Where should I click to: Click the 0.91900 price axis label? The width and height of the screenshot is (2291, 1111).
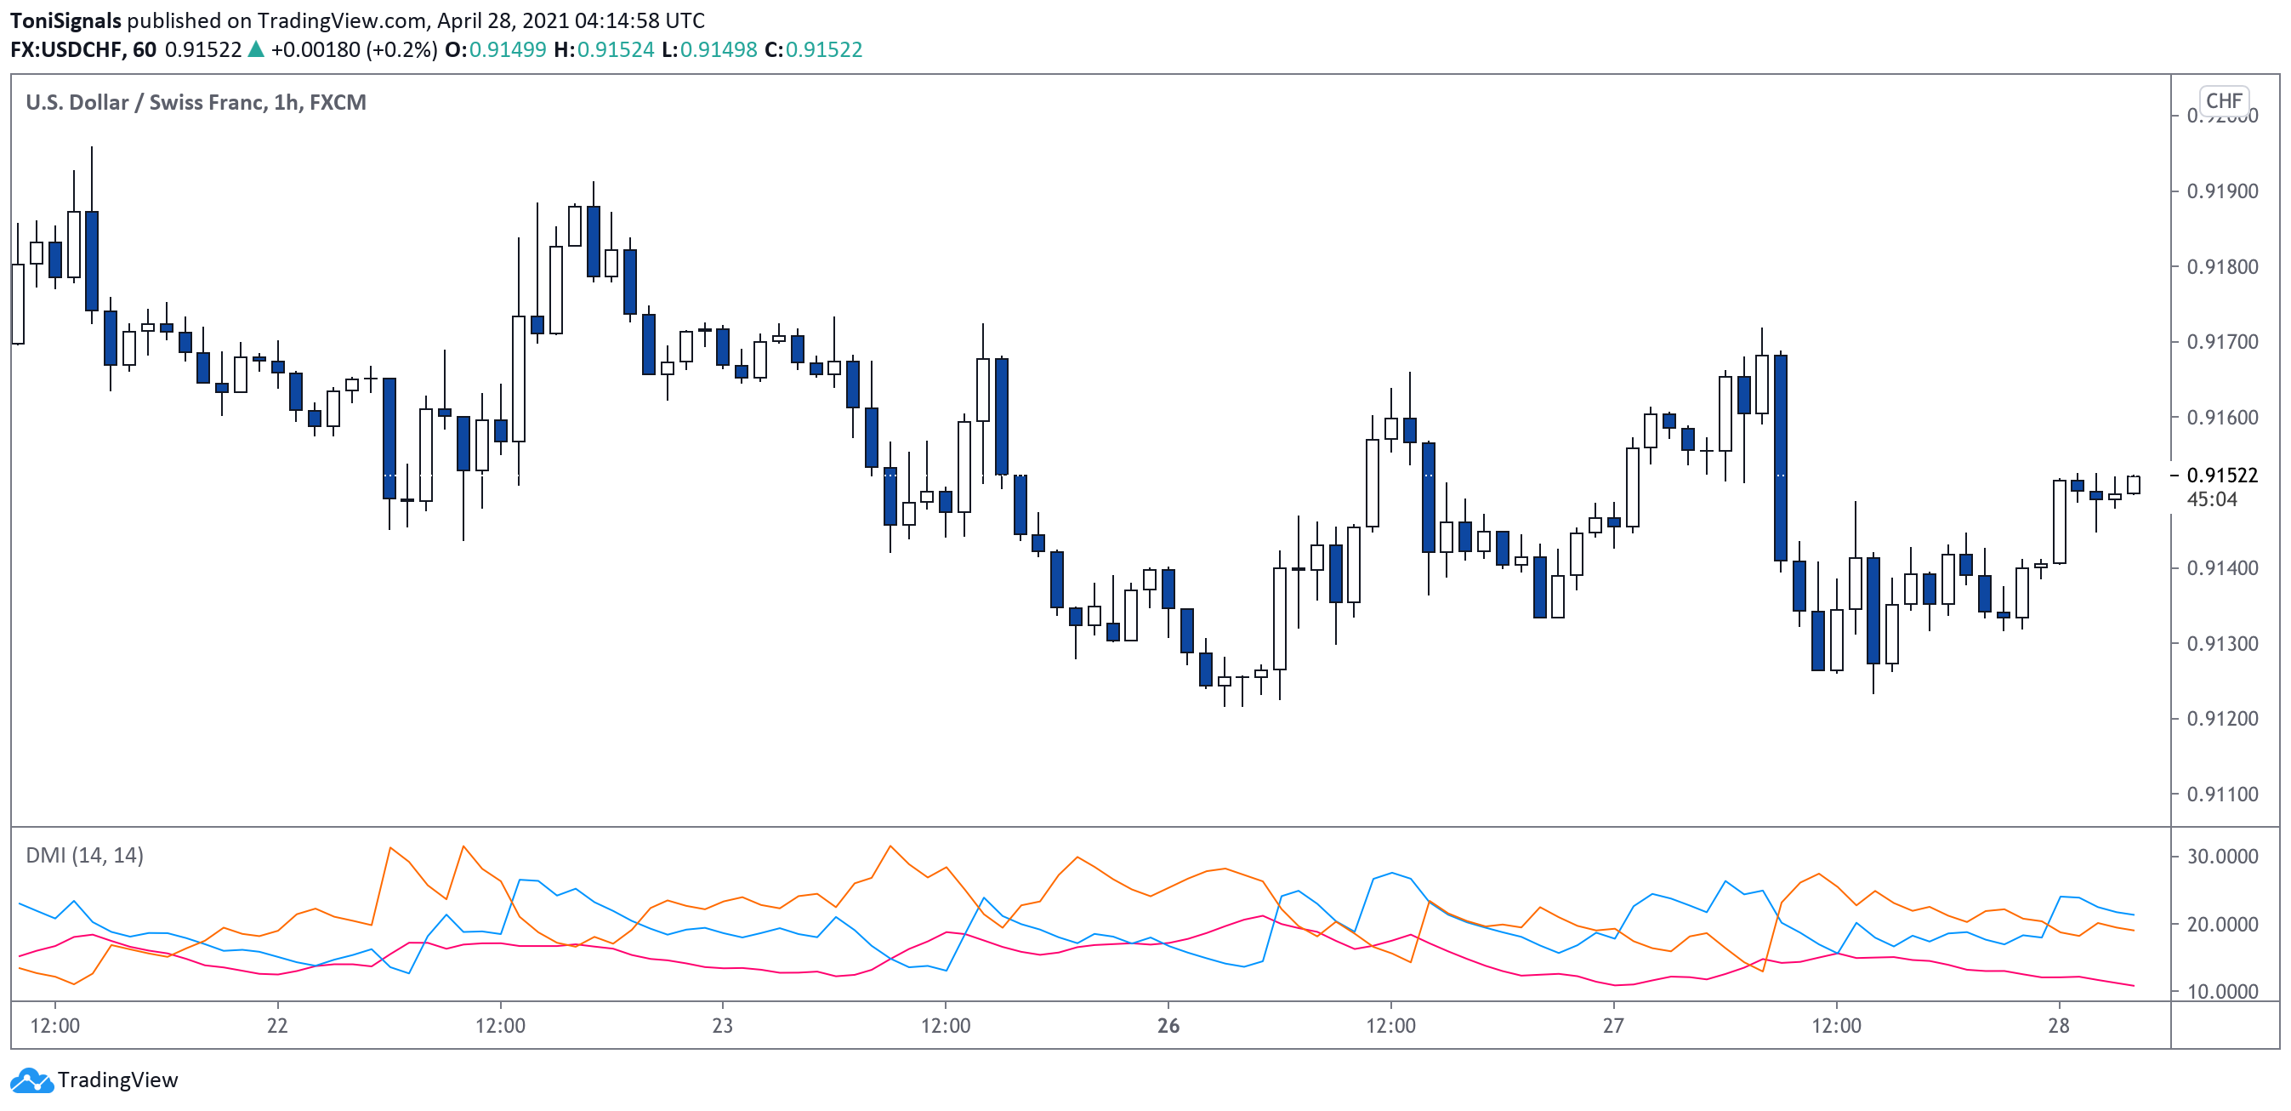(2220, 191)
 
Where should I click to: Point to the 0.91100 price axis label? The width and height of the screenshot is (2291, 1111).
(2220, 795)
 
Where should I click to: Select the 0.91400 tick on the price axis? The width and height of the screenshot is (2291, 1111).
(2220, 567)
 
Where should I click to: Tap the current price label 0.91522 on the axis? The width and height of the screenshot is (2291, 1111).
(2220, 475)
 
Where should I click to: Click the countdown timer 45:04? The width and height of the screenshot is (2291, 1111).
(2211, 499)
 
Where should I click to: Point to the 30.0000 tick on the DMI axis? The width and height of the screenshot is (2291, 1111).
(2220, 857)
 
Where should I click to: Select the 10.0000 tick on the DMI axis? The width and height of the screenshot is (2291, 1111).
(2220, 992)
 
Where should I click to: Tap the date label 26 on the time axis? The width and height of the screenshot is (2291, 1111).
(1168, 1026)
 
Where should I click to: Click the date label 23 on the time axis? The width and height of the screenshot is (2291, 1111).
(722, 1026)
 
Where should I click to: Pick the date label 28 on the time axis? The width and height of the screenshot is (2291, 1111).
(2058, 1026)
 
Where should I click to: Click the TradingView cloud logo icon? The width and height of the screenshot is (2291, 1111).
(31, 1080)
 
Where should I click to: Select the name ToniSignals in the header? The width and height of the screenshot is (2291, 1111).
(65, 20)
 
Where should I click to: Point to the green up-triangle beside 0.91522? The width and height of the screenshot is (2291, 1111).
(256, 50)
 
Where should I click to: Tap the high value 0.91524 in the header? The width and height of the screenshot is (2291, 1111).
(616, 50)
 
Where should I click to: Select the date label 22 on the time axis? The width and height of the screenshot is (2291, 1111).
(276, 1026)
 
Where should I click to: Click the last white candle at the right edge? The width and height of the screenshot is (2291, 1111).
(2133, 485)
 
